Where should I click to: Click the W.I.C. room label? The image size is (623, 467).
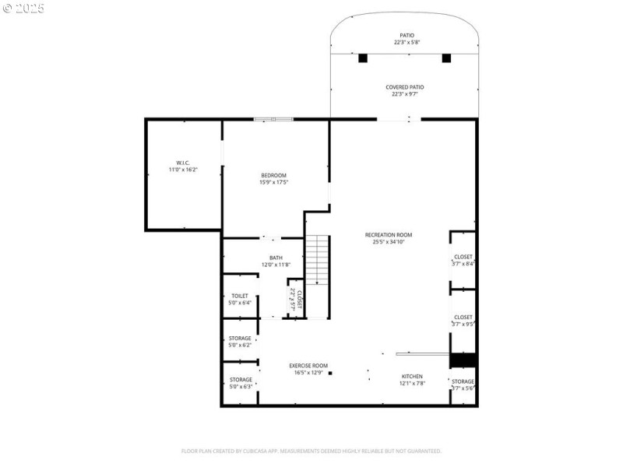pyautogui.click(x=183, y=166)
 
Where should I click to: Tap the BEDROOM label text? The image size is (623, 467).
pyautogui.click(x=273, y=178)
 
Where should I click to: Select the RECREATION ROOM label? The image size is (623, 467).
pyautogui.click(x=389, y=237)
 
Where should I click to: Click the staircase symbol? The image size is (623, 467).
pyautogui.click(x=317, y=261)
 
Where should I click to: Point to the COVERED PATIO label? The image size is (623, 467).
pyautogui.click(x=405, y=90)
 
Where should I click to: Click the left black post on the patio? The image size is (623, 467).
pyautogui.click(x=363, y=58)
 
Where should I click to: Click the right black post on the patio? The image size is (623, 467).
pyautogui.click(x=446, y=58)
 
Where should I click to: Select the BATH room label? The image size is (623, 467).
pyautogui.click(x=276, y=262)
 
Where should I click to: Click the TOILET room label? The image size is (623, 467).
pyautogui.click(x=240, y=299)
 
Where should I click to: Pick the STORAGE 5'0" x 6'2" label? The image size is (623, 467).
pyautogui.click(x=240, y=341)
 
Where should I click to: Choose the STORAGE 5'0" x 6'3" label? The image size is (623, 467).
pyautogui.click(x=240, y=382)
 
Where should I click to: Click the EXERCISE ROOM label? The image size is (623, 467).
pyautogui.click(x=308, y=369)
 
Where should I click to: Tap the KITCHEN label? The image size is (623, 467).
pyautogui.click(x=412, y=379)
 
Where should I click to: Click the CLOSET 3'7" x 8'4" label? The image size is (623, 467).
pyautogui.click(x=463, y=260)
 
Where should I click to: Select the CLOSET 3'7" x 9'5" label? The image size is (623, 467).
pyautogui.click(x=463, y=320)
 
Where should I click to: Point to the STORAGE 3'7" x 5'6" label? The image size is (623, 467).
pyautogui.click(x=463, y=384)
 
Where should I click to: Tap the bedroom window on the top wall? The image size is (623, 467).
pyautogui.click(x=273, y=119)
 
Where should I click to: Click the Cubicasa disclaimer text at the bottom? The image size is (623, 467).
pyautogui.click(x=311, y=451)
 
